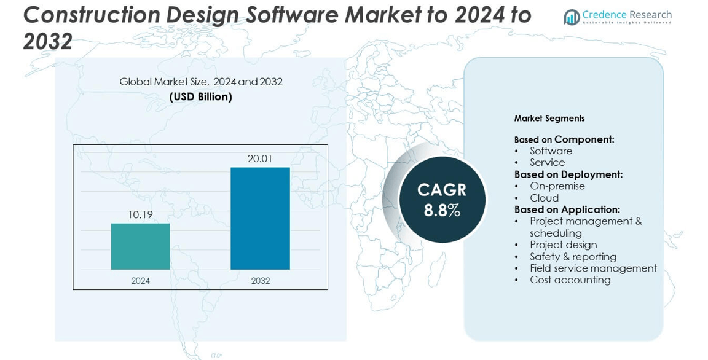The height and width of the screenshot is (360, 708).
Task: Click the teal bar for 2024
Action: (140, 246)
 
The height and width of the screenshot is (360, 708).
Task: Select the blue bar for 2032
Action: (260, 218)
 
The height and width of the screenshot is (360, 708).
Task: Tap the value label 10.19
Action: (140, 215)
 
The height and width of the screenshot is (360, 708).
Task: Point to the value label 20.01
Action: (260, 158)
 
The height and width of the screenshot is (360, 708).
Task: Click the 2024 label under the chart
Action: (140, 281)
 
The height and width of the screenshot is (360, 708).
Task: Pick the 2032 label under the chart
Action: (260, 281)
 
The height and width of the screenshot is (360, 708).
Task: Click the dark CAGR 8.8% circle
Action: (442, 200)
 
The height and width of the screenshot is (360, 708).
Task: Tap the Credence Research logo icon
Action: (572, 17)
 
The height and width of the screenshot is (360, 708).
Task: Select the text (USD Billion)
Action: (200, 97)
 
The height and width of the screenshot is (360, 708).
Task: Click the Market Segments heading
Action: (549, 119)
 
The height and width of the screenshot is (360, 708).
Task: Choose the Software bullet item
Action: (551, 151)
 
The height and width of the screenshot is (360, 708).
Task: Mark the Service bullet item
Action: (547, 163)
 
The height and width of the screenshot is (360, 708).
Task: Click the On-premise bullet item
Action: (557, 186)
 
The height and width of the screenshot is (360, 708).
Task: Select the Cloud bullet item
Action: (544, 198)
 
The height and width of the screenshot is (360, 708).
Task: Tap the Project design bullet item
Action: (563, 245)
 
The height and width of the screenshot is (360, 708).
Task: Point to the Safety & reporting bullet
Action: (573, 257)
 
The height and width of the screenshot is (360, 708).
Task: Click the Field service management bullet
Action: (593, 268)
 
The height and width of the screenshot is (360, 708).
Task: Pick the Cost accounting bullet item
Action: (570, 280)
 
